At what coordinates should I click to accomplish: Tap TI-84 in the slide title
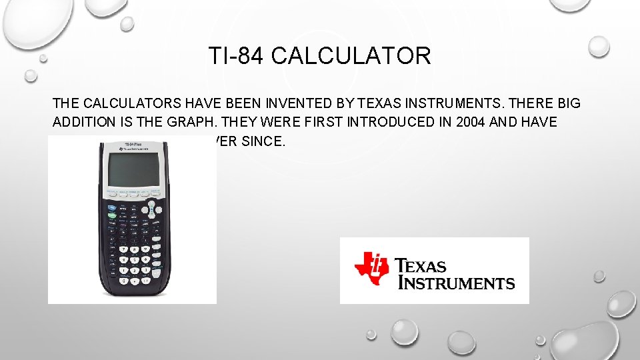click(237, 56)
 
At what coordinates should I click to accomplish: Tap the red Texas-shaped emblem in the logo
click(371, 268)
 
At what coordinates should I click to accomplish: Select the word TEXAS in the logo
click(422, 266)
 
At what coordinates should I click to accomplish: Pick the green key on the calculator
click(111, 216)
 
